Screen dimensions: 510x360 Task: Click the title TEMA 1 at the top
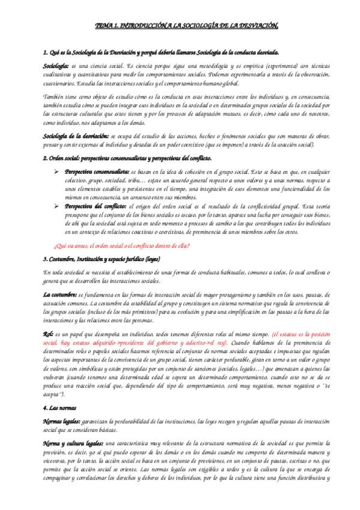click(x=179, y=26)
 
